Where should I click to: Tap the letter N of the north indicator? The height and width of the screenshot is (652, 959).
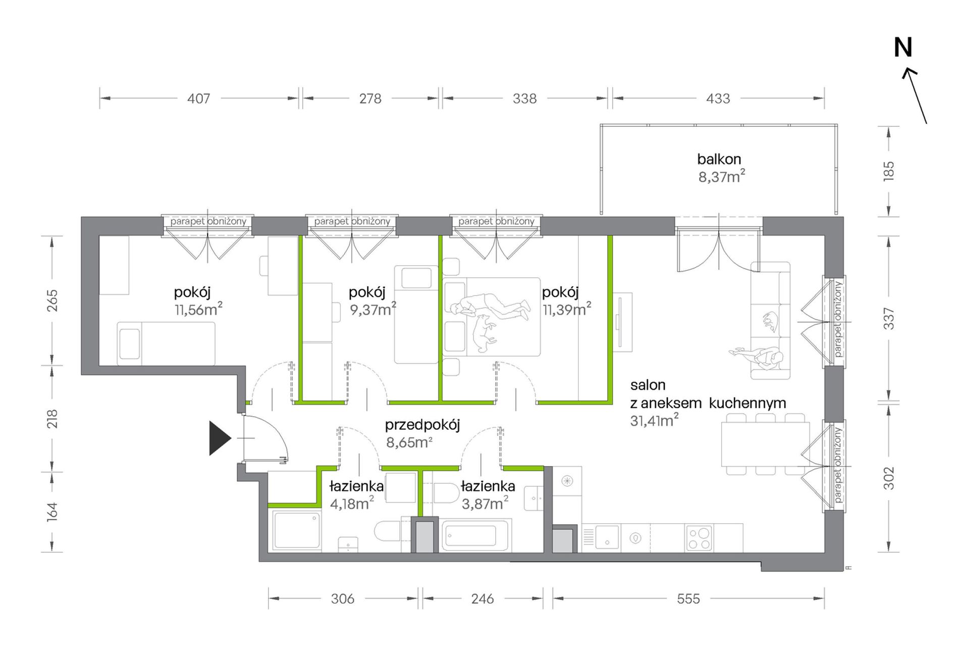pos(903,48)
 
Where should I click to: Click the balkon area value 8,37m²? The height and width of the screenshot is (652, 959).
pos(721,177)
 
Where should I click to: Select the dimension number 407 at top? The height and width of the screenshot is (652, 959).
pos(198,98)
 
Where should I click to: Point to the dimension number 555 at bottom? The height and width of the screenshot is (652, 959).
pos(688,598)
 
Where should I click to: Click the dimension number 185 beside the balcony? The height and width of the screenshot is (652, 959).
pos(889,171)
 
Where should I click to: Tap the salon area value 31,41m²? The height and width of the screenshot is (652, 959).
pos(654,420)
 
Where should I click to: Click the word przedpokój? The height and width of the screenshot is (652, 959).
pos(422,426)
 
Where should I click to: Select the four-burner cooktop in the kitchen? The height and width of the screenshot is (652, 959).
pos(699,538)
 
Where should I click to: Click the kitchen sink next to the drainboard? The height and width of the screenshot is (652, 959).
pos(607,537)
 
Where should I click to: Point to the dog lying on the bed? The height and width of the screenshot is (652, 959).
pos(484,333)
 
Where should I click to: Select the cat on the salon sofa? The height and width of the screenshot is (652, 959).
pos(770,321)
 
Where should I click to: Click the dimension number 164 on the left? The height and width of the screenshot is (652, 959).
pos(52,512)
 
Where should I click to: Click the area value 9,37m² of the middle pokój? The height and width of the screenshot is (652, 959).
pos(373,309)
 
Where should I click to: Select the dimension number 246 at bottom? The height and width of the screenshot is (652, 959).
pos(483,598)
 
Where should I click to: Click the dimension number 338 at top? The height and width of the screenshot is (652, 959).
pos(524,98)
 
